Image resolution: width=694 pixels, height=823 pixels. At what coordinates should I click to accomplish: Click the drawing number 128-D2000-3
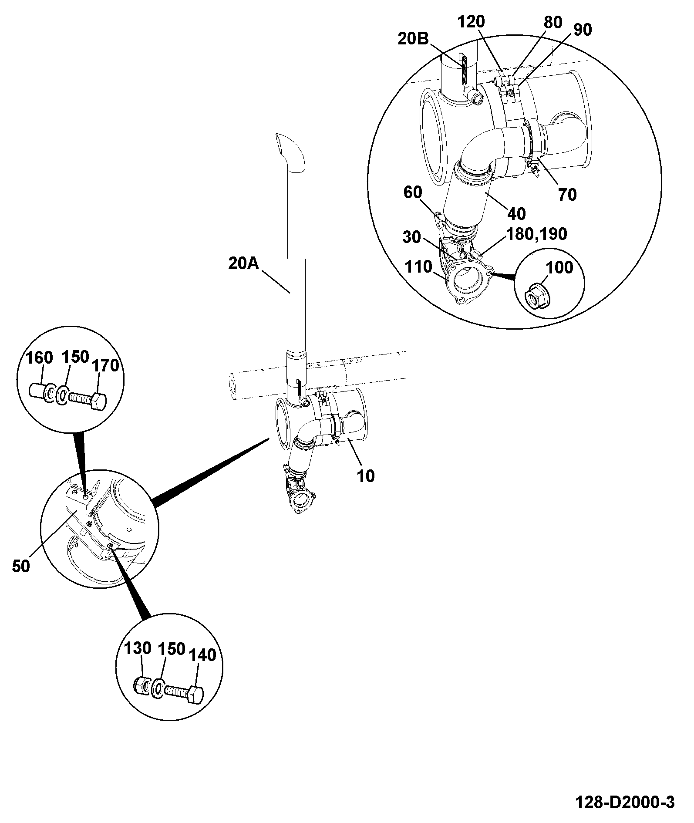coord(625,802)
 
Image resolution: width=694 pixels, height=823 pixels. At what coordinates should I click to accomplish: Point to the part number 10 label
coord(366,476)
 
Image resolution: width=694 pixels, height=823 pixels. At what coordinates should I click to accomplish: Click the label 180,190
coord(537,234)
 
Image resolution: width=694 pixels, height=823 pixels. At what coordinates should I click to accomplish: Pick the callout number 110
coord(418,267)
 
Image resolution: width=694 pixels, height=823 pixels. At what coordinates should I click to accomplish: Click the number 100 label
coord(559,267)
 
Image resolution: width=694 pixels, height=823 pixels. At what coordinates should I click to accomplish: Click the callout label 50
coord(21,566)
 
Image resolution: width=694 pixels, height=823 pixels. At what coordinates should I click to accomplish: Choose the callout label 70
coord(567,195)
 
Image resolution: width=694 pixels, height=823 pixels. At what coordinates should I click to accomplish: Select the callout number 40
coord(516,213)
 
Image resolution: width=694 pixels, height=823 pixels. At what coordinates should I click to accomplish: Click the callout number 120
coord(471,21)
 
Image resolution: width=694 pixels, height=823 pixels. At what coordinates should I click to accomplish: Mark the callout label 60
coord(413,192)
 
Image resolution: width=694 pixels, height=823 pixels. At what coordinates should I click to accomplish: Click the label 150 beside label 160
coord(76,357)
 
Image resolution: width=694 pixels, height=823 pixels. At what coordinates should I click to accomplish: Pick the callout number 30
coord(411,237)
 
